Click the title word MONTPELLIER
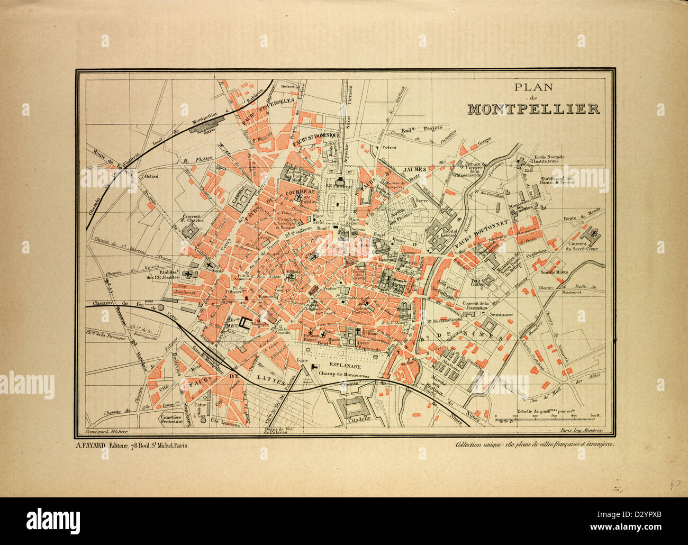coord(533,108)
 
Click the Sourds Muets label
coord(554,272)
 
